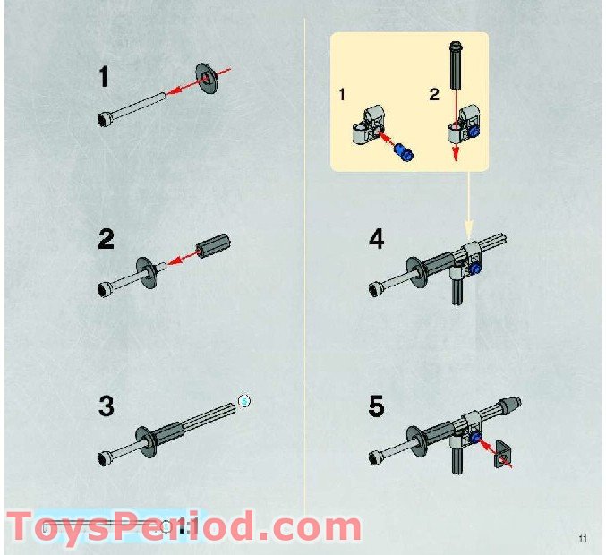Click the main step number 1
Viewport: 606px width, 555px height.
click(x=105, y=78)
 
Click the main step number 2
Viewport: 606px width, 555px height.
click(x=107, y=240)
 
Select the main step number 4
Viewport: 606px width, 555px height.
click(x=376, y=240)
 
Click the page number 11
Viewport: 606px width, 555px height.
click(x=583, y=538)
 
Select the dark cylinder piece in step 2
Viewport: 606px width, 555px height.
click(x=215, y=244)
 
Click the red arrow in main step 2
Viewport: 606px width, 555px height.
click(x=184, y=259)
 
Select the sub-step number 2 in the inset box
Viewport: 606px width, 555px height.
click(x=433, y=94)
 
